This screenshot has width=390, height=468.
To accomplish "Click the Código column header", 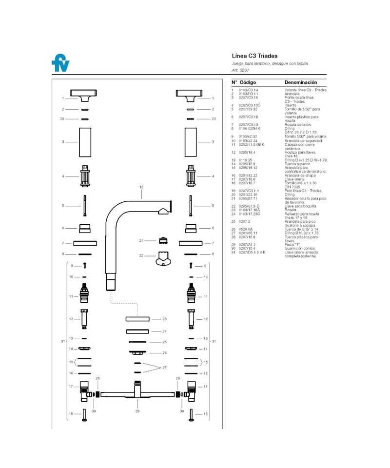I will coord(248,82).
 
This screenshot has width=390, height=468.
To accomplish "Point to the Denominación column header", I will coord(301,82).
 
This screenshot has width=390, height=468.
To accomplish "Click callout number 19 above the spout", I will coord(141,187).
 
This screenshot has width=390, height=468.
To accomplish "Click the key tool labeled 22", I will coord(162,258).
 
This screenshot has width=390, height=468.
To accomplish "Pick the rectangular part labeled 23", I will coord(137,319).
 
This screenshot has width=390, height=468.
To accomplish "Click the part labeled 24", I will coord(137,331).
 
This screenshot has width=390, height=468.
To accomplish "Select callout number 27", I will coord(164,367).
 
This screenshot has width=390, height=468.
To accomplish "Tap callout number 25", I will coord(164,342).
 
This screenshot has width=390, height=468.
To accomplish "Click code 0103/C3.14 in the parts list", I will coord(248,90).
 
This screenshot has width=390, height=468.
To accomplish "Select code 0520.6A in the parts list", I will coord(246,229).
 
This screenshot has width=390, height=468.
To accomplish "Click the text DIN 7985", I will coord(293,187).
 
